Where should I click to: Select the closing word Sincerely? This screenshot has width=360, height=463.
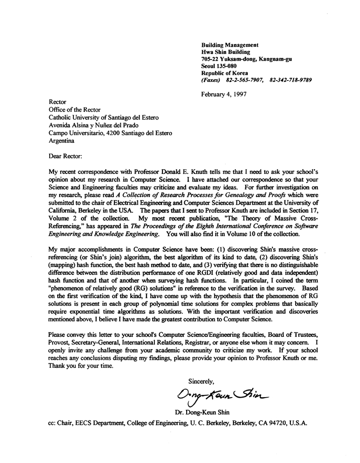coord(202,380)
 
